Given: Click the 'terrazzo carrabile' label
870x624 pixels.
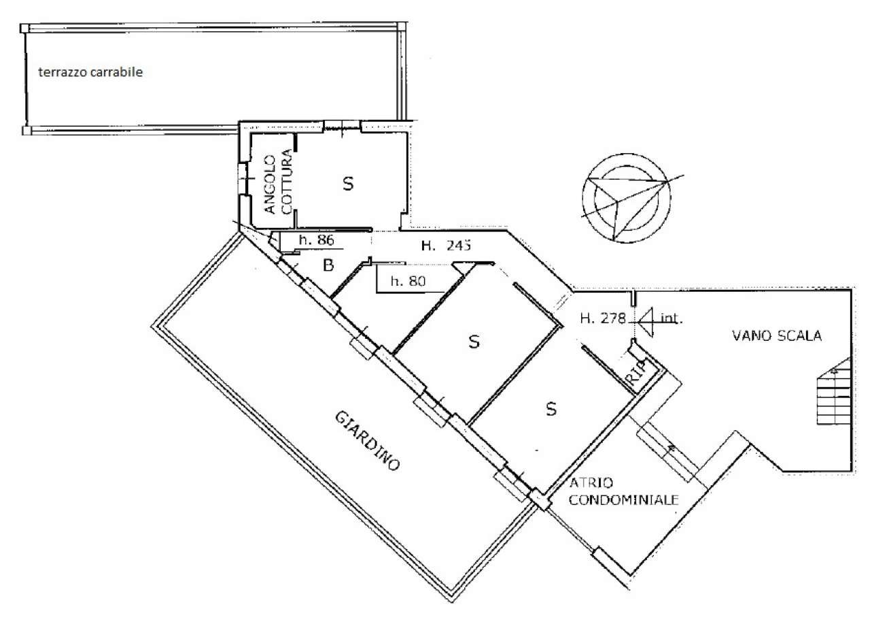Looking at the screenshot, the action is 90,72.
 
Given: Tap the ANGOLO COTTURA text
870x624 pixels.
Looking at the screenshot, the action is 278,182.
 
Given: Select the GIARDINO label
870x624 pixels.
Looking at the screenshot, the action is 367,441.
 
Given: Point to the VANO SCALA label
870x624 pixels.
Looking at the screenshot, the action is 777,335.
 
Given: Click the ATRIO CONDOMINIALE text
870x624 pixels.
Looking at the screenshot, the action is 623,491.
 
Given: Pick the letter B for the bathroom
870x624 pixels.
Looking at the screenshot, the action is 328,265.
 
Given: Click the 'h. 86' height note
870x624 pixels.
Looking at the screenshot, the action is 317,240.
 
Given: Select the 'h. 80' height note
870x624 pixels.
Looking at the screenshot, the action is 408,281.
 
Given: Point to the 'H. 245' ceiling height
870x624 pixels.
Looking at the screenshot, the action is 447,246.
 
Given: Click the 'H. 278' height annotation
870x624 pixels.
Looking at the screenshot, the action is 603,318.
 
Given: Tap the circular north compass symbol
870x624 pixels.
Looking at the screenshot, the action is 627,198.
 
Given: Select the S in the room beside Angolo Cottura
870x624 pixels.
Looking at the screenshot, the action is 348,184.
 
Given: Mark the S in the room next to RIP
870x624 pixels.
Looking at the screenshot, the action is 551,409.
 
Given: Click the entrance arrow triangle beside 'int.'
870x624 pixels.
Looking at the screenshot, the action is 646,322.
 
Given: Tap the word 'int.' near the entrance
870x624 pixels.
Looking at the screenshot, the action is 671,318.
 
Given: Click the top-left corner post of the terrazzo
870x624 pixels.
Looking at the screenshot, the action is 25,28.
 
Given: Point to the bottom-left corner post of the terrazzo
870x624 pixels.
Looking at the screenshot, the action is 27,130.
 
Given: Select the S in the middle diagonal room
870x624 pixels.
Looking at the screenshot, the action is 474,342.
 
